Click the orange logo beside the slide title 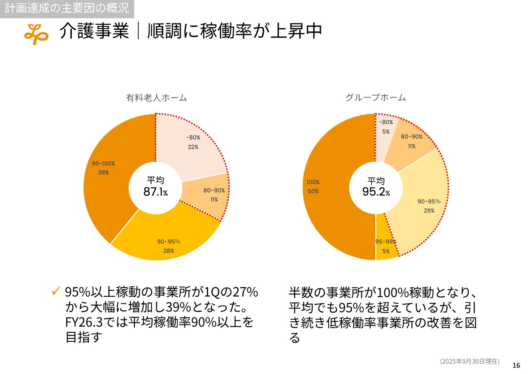[x=36, y=34]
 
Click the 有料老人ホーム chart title [x=156, y=98]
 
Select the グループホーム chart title [x=375, y=98]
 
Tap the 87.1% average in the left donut [x=155, y=192]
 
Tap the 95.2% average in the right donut [x=376, y=192]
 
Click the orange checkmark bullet [x=56, y=291]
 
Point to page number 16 [x=516, y=365]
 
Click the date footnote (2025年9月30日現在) [x=469, y=361]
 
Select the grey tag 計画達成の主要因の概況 [x=67, y=7]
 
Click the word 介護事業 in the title [x=94, y=31]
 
